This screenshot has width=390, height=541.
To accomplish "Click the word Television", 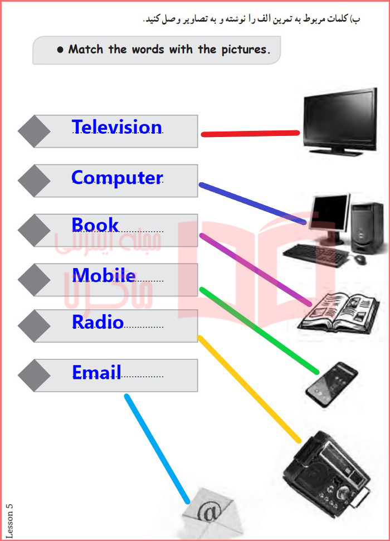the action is point(116,126).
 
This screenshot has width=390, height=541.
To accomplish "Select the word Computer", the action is point(117,178).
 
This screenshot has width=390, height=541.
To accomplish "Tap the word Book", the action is point(95,225).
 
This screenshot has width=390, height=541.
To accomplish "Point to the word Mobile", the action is point(104,275).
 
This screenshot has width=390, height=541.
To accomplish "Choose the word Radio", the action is point(97,321).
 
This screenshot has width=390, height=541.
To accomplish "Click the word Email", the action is point(96,372).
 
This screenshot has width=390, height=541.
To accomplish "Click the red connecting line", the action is point(250,134).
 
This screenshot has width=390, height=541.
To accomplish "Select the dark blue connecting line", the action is point(252,203).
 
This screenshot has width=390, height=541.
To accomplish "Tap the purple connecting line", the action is point(255,270).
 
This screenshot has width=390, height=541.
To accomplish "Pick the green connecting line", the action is point(259,330).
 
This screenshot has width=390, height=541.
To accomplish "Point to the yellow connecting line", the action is point(249,389).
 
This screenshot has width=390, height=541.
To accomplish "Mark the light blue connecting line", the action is point(157,449).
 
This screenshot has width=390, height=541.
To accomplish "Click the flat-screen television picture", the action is point(340,121).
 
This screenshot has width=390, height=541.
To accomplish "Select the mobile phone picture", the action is point(331,384).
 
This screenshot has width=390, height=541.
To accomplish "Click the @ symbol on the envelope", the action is point(209,511).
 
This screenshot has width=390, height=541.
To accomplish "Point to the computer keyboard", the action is point(316,255).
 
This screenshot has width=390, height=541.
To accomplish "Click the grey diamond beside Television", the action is point(34,131).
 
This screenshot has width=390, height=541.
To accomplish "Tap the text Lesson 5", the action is point(9,520).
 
